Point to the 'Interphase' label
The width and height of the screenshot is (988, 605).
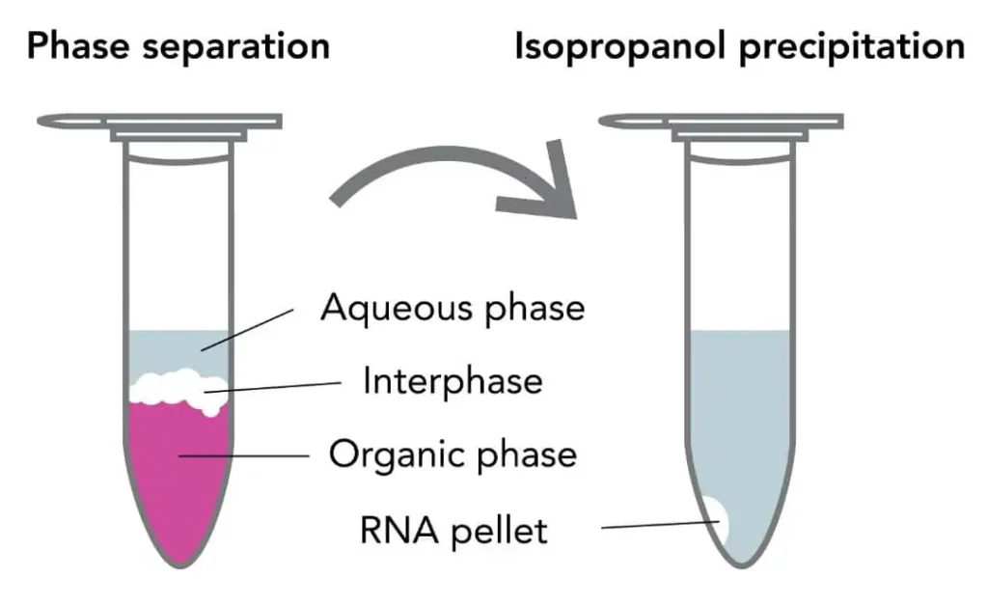point(453,381)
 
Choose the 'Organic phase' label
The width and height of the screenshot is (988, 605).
point(453,454)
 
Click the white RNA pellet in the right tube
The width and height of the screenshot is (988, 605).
point(718,520)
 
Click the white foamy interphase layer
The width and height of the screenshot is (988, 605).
point(178,389)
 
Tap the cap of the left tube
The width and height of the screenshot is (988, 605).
point(159,123)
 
